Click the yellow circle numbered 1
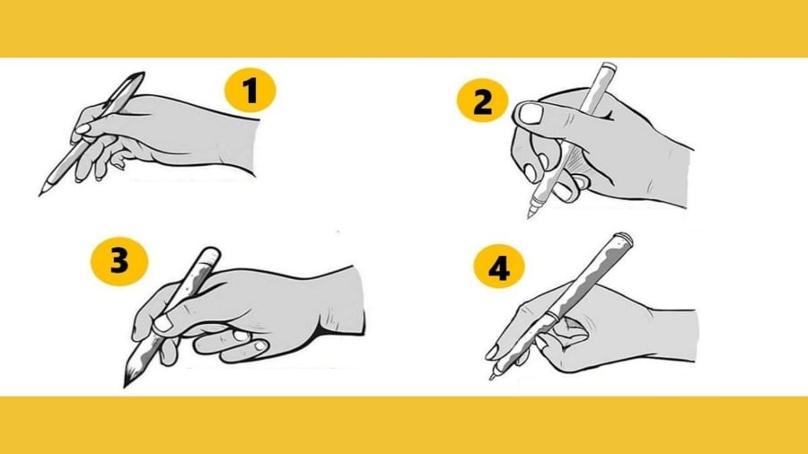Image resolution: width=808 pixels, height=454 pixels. point(250,92)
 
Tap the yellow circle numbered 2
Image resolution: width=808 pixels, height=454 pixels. point(483,102)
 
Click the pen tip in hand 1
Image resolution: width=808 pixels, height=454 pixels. point(41,193)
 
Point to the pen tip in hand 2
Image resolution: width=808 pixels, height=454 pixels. point(530,216)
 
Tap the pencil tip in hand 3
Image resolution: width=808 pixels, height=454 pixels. point(127,384)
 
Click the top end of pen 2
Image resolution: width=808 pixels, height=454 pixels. point(609,67)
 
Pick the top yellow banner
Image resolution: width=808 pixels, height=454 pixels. point(404,28)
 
